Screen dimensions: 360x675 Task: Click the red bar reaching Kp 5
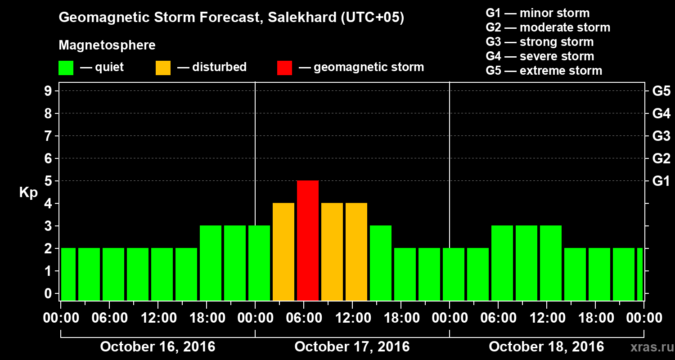308,240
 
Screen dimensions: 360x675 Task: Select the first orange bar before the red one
283,252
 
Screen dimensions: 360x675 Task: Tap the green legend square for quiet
66,68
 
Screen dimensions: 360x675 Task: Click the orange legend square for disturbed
163,68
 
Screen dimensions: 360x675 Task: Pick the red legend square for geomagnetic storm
284,68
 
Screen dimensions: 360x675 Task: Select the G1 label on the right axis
661,181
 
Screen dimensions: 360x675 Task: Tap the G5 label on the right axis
661,91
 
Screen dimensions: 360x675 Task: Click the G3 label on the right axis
661,136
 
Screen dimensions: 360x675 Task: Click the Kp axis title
28,193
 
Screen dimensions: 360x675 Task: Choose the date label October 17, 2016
352,347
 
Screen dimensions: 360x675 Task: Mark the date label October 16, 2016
157,347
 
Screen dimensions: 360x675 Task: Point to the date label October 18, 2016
546,347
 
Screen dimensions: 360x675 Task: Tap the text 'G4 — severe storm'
540,56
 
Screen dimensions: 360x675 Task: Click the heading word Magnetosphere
107,45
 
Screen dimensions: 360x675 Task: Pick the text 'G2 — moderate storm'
548,27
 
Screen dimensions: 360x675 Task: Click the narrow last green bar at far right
640,274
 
